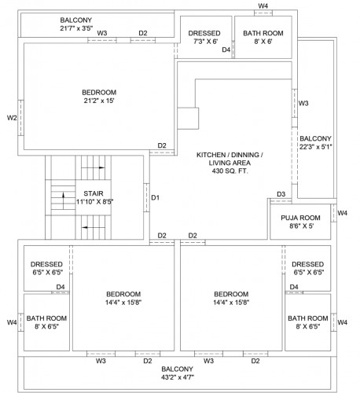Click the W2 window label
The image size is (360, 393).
pos(12,118)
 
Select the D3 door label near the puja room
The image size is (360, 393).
pos(281,194)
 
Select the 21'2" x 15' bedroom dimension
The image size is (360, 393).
pos(99,101)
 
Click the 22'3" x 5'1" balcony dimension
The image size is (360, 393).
pos(317,145)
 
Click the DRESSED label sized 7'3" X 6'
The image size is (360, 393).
pos(204,33)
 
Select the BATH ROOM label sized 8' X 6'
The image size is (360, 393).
pos(263,33)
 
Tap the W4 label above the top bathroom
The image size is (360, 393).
pos(263,6)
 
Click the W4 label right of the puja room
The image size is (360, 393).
pos(342,213)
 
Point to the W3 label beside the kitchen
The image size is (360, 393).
pos(303,103)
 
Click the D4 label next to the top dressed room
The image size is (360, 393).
pos(226,50)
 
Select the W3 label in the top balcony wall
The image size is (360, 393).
pos(102,33)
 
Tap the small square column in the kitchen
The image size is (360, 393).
pos(189,119)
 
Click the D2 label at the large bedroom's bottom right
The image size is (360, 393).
pos(162,145)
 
